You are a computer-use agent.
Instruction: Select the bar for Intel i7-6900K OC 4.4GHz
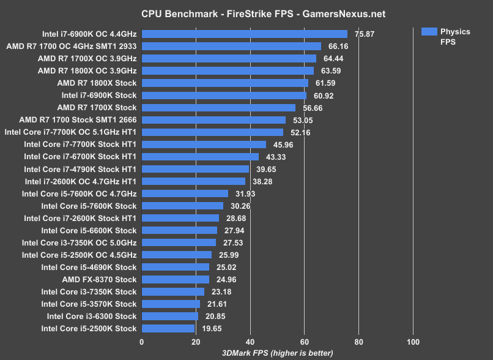click(x=244, y=34)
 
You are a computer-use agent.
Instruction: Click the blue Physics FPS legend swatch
click(x=429, y=31)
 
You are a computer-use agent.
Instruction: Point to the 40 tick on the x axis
click(x=250, y=342)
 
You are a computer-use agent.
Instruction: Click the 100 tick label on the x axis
click(x=413, y=342)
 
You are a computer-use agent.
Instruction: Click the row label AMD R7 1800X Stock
click(x=97, y=83)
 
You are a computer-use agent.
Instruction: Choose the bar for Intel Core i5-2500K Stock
click(x=168, y=329)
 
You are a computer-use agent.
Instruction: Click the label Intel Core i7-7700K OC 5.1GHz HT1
click(x=70, y=132)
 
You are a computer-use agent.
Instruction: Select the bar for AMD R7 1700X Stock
click(x=218, y=108)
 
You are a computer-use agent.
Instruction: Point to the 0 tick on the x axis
click(x=142, y=342)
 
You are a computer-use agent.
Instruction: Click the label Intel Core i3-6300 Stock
click(x=92, y=317)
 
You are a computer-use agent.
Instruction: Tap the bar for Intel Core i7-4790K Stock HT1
click(x=196, y=169)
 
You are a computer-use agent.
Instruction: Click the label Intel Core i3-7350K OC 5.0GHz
click(x=79, y=242)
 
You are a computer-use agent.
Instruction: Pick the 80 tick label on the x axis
click(x=358, y=342)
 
